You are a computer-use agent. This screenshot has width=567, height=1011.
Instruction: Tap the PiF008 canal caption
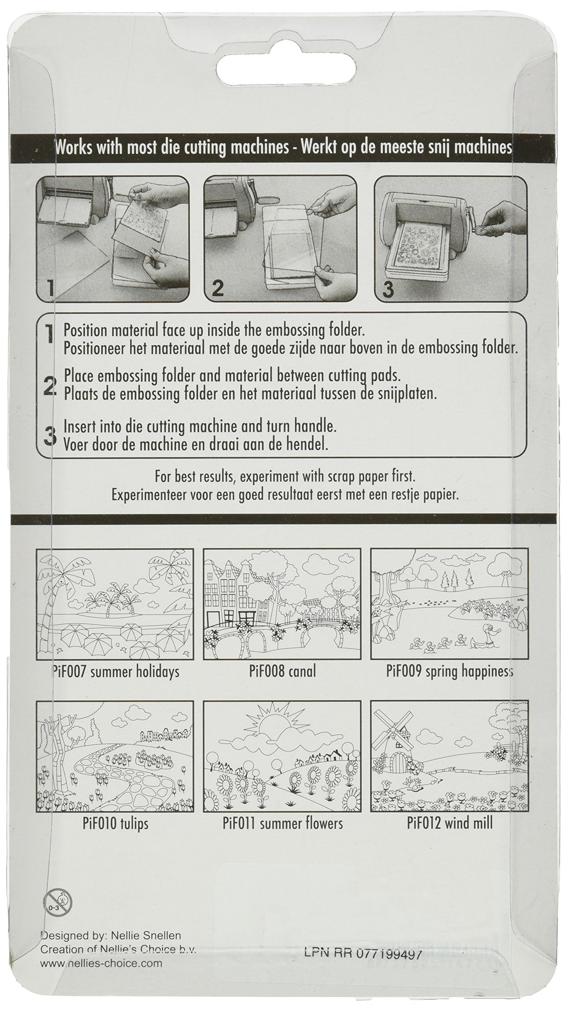tap(282, 672)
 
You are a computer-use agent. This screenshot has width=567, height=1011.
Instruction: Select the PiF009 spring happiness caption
tap(449, 672)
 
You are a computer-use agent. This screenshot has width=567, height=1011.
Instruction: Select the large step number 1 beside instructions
tap(49, 336)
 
